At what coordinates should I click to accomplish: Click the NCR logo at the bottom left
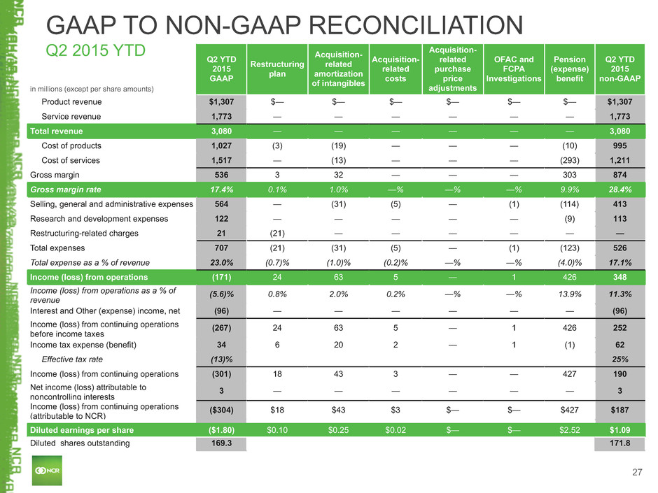[48, 471]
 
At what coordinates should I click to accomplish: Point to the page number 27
[637, 473]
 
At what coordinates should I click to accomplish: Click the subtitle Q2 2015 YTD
[95, 50]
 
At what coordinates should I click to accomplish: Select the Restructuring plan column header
[277, 69]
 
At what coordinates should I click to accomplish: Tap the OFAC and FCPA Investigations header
[514, 69]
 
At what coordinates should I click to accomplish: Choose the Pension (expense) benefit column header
[570, 69]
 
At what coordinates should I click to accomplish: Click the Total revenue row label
[56, 131]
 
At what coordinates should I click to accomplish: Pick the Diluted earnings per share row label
[82, 430]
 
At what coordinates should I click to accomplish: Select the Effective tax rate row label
[72, 359]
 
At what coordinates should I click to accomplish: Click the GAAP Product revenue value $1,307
[222, 102]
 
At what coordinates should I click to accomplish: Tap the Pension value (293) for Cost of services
[570, 160]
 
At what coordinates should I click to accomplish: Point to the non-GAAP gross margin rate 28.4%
[619, 190]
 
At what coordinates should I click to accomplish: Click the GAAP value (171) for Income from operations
[222, 277]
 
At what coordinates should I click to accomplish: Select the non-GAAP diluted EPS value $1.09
[619, 430]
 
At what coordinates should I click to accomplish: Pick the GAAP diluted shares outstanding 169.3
[222, 443]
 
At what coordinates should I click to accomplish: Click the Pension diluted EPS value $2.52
[570, 430]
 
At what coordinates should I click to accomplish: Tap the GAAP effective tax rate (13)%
[222, 359]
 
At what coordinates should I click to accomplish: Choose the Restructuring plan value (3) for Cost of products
[277, 146]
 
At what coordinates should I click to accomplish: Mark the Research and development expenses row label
[99, 219]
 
